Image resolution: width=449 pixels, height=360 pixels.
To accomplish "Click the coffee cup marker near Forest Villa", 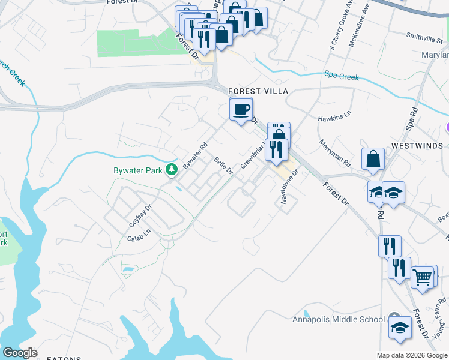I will tap(241, 110).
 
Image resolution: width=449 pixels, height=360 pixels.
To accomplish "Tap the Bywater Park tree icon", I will tap(172, 170).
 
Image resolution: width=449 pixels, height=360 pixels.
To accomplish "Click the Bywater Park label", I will tap(139, 170).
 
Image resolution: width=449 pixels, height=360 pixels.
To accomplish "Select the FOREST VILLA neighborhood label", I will tap(259, 91).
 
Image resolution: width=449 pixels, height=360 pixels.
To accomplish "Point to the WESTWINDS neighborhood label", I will tap(417, 146).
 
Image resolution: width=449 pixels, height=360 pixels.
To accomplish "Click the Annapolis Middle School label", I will tap(339, 319).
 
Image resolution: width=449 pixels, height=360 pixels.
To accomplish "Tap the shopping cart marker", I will tap(423, 277).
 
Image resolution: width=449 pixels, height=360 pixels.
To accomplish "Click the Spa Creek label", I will tap(342, 77).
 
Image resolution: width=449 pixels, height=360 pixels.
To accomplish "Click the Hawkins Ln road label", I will tap(334, 118).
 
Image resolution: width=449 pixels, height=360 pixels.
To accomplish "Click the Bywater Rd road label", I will tap(194, 155).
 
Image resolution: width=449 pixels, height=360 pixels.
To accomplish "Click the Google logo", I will tap(20, 352).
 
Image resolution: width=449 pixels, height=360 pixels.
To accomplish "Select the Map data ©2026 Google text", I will tap(412, 355).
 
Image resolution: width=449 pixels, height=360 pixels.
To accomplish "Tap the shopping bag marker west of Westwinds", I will tap(373, 159).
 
